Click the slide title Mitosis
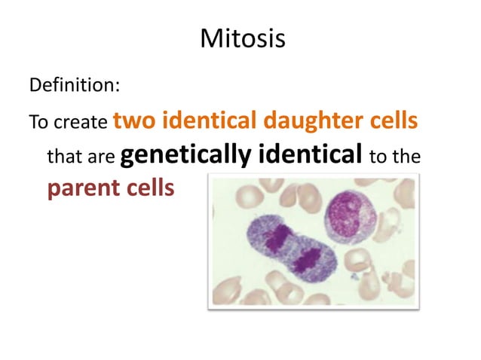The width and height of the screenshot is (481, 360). (242, 38)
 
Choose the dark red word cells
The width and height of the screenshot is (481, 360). (149, 188)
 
